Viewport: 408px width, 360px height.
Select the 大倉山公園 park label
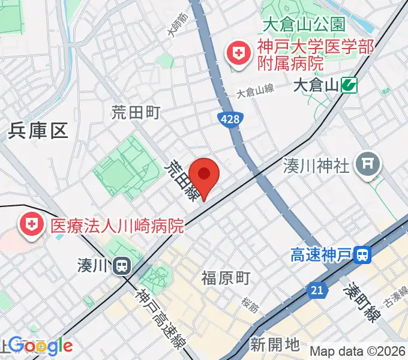pos(304,25)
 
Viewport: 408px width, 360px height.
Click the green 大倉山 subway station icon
pos(349,86)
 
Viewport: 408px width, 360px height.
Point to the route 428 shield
pos(229,120)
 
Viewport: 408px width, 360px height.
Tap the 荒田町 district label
pos(136,112)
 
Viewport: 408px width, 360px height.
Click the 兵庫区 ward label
pos(38,131)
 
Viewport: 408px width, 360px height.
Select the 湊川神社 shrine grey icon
pos(368,163)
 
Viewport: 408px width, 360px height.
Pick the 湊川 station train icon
pos(122,265)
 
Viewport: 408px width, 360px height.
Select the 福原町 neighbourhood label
pos(226,278)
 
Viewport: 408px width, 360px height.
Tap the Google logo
pos(40,346)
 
